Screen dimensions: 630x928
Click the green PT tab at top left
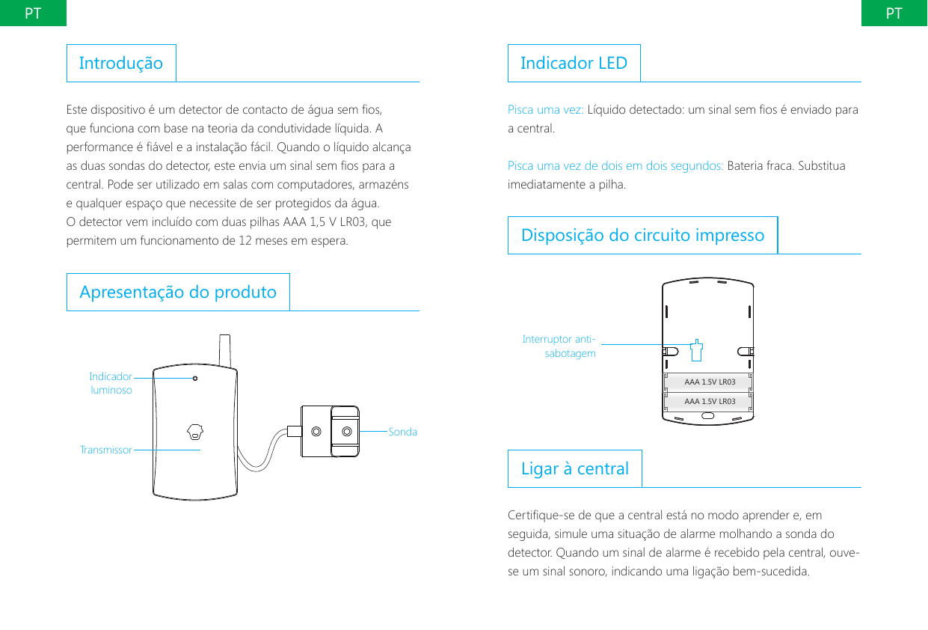pos(32,13)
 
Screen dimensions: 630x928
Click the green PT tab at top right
pos(894,13)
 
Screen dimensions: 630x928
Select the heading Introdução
pos(121,63)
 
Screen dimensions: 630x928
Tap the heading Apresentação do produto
pos(178,292)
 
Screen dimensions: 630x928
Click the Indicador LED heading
pos(574,63)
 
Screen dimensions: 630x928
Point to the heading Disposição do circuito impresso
pos(642,235)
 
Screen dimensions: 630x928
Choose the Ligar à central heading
pos(574,468)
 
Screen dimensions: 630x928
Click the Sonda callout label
pos(403,432)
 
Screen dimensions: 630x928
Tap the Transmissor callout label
pos(105,450)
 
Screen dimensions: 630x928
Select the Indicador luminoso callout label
pos(111,383)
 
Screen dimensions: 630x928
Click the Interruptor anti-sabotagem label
pos(559,346)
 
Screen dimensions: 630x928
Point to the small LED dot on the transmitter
pos(195,379)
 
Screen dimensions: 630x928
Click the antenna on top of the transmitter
pos(224,350)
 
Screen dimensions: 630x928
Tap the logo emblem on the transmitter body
pos(195,432)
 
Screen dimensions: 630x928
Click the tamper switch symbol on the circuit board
pos(696,349)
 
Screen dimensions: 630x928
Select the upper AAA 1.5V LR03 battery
pos(709,382)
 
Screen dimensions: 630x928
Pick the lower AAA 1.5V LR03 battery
pos(709,402)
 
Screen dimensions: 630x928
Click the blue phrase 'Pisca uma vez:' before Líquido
pos(545,110)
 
